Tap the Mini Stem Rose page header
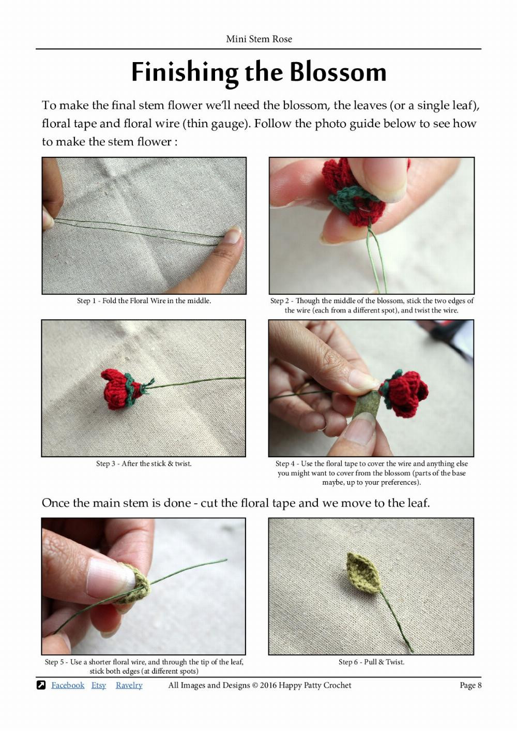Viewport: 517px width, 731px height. tap(258, 39)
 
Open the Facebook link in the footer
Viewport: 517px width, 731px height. tap(68, 685)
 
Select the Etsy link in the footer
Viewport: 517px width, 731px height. tap(99, 685)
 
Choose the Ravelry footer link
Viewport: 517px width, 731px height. tap(129, 685)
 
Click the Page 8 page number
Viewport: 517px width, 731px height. tap(470, 685)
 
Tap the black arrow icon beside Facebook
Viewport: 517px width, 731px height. tap(41, 685)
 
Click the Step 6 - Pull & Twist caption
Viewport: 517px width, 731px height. tap(371, 662)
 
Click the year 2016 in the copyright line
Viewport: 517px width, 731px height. tap(268, 685)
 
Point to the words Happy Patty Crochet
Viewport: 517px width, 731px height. tap(315, 685)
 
